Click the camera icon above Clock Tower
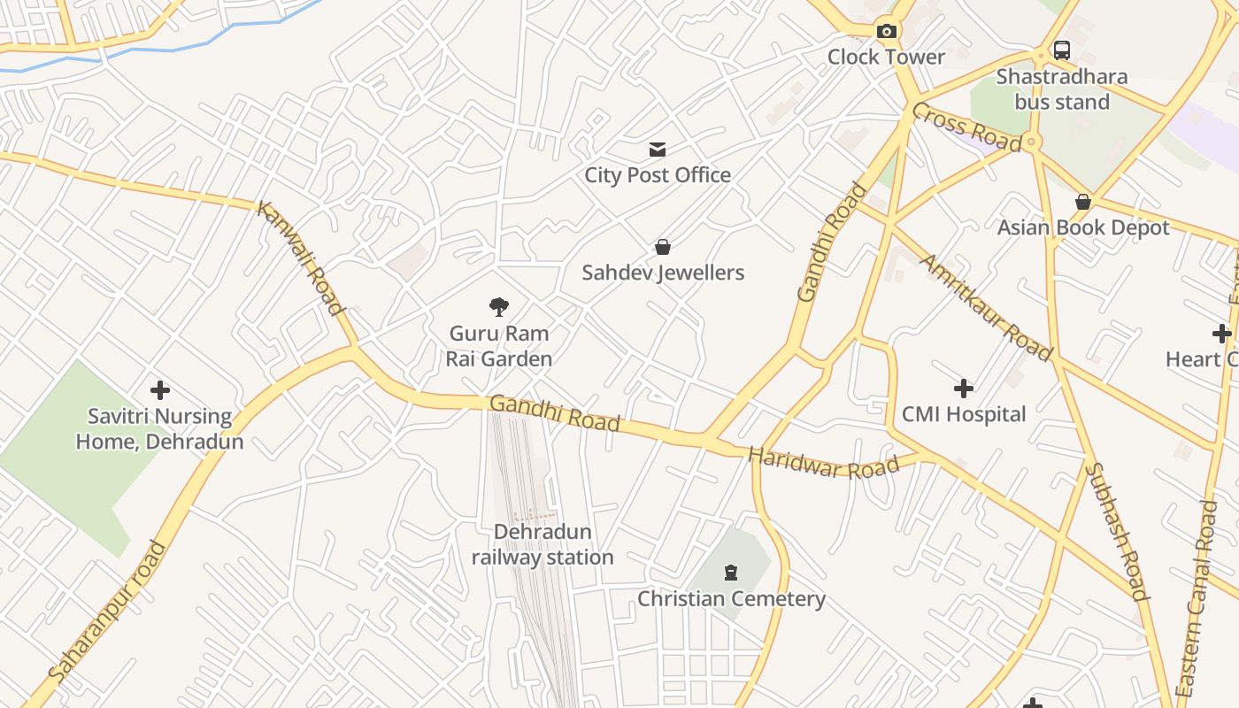click(886, 32)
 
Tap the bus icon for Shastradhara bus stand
click(1062, 50)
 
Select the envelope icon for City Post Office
click(658, 150)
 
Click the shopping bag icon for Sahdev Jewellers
click(663, 247)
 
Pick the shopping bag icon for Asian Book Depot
click(1082, 202)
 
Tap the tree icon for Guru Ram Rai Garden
click(499, 307)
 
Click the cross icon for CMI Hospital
click(964, 388)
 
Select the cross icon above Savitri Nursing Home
click(160, 389)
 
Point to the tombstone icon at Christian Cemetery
click(731, 573)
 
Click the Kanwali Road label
click(300, 258)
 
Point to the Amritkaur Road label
click(987, 307)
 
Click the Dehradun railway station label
click(543, 544)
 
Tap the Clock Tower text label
click(886, 57)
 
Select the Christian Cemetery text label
click(731, 599)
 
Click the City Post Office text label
click(658, 175)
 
